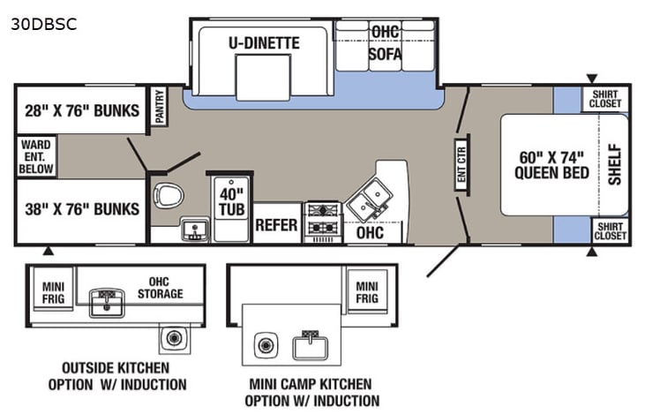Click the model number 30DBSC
(44, 24)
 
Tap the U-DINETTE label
(265, 42)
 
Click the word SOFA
(385, 55)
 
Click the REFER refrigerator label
(276, 224)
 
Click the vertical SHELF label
(614, 164)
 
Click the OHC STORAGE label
(160, 287)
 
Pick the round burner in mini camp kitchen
(263, 345)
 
